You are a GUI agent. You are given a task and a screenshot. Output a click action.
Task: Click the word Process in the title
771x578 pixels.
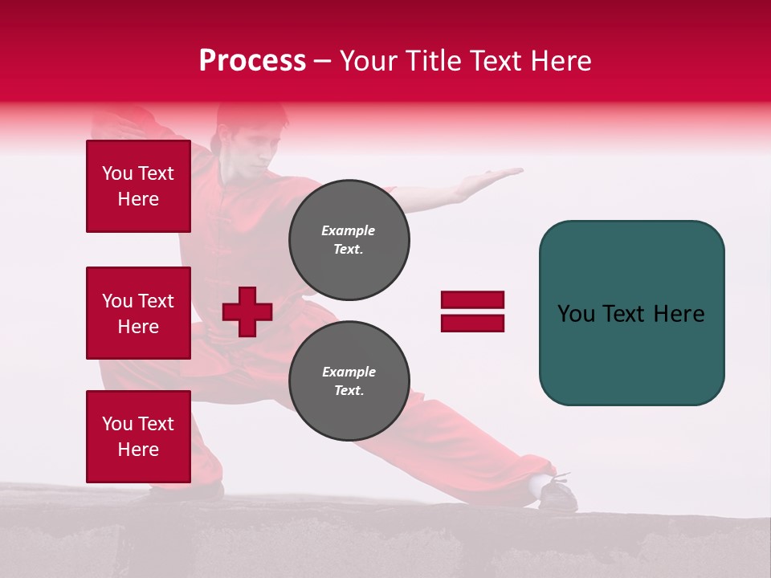pyautogui.click(x=252, y=61)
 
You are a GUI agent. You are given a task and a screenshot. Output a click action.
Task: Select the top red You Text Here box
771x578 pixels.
pyautogui.click(x=138, y=186)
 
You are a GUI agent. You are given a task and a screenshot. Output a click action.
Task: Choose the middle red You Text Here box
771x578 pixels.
pyautogui.click(x=138, y=313)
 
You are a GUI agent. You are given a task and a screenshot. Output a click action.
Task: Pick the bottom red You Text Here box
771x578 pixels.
pyautogui.click(x=138, y=436)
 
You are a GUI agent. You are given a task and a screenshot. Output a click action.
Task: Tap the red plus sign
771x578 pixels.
pyautogui.click(x=247, y=311)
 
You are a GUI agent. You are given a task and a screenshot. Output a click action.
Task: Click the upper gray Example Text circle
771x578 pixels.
pyautogui.click(x=349, y=239)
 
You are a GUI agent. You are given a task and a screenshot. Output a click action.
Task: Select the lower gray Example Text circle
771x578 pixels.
pyautogui.click(x=349, y=381)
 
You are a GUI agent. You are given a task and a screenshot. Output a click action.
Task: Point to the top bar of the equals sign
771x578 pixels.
pyautogui.click(x=472, y=300)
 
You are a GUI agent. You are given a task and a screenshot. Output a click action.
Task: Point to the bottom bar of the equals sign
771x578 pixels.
pyautogui.click(x=472, y=323)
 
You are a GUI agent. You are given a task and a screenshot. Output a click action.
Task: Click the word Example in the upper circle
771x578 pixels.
pyautogui.click(x=348, y=230)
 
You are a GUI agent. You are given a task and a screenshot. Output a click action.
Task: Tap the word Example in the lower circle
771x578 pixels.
pyautogui.click(x=349, y=372)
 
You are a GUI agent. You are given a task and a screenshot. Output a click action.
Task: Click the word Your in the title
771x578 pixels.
pyautogui.click(x=367, y=61)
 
